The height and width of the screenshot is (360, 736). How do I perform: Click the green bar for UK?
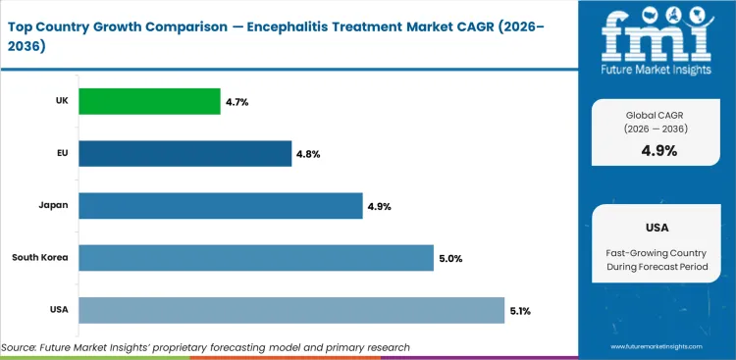pos(149,101)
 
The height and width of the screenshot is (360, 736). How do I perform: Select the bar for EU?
pos(184,153)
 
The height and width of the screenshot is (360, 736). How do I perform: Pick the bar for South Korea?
pos(256,258)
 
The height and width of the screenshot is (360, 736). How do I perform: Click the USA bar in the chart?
pos(291,310)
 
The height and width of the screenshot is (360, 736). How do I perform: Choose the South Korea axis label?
pos(39,258)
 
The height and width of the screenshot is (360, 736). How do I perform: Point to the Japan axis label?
pos(52,206)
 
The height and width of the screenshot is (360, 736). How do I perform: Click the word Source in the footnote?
pos(22,347)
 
